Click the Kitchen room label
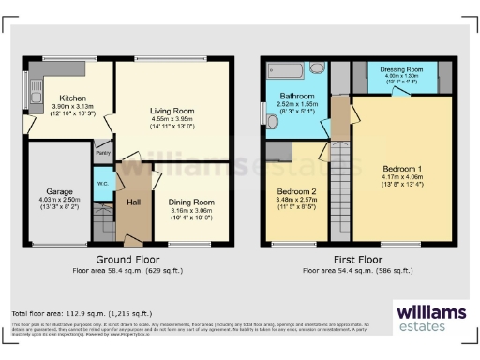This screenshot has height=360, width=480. tap(74, 97)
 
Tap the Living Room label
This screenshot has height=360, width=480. tap(172, 111)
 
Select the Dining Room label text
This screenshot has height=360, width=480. tap(191, 202)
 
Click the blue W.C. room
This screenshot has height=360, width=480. tap(102, 183)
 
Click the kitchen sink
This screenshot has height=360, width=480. tap(36, 91)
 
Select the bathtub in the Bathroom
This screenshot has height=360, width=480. tap(283, 69)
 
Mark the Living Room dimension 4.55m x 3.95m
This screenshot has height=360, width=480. tap(172, 119)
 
